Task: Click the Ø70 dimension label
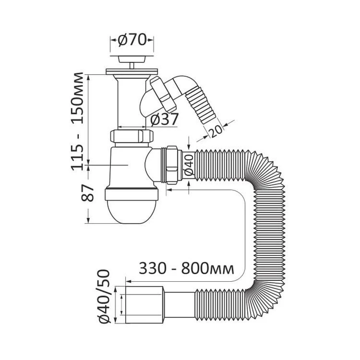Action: click(132, 40)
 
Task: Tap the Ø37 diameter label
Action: click(164, 119)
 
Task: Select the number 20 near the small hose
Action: click(216, 131)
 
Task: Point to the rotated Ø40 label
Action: click(189, 165)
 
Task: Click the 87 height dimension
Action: click(88, 193)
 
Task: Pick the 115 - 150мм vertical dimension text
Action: click(77, 121)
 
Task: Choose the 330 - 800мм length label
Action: click(186, 269)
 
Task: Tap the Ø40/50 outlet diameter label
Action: click(104, 297)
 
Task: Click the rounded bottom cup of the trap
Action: click(131, 211)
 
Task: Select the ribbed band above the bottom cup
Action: click(131, 194)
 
